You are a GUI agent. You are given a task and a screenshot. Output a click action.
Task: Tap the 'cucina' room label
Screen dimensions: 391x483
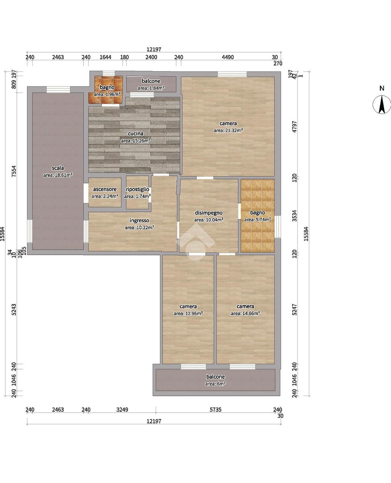(136, 133)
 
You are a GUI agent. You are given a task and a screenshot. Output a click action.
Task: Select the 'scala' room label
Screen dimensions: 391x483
(58, 168)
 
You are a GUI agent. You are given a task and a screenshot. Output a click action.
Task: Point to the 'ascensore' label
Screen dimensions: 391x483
(105, 189)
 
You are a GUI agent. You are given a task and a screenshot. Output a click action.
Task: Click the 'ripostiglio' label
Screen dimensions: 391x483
(138, 189)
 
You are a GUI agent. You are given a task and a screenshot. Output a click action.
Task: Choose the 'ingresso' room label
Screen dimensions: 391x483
(140, 221)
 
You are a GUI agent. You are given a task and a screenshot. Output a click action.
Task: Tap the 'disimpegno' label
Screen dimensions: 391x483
(209, 213)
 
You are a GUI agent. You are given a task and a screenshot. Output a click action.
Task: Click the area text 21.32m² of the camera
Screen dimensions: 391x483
(228, 130)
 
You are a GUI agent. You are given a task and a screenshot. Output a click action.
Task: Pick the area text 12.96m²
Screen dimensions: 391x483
(188, 314)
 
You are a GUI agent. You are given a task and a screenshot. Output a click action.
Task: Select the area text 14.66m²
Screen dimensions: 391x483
(245, 314)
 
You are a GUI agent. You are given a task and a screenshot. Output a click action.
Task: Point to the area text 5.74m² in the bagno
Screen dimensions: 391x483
(257, 219)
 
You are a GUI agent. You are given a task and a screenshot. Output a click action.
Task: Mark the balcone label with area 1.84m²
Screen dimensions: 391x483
(151, 81)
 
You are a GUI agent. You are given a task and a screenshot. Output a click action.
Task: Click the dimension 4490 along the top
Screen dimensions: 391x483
(228, 57)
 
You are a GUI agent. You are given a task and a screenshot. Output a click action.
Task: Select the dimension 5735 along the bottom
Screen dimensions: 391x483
(216, 409)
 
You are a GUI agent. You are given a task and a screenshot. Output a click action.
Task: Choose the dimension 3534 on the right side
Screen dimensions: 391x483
(294, 216)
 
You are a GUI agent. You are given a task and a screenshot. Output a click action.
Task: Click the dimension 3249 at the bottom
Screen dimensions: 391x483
(122, 409)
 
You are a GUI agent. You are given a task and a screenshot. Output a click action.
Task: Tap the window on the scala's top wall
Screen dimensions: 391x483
(58, 90)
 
